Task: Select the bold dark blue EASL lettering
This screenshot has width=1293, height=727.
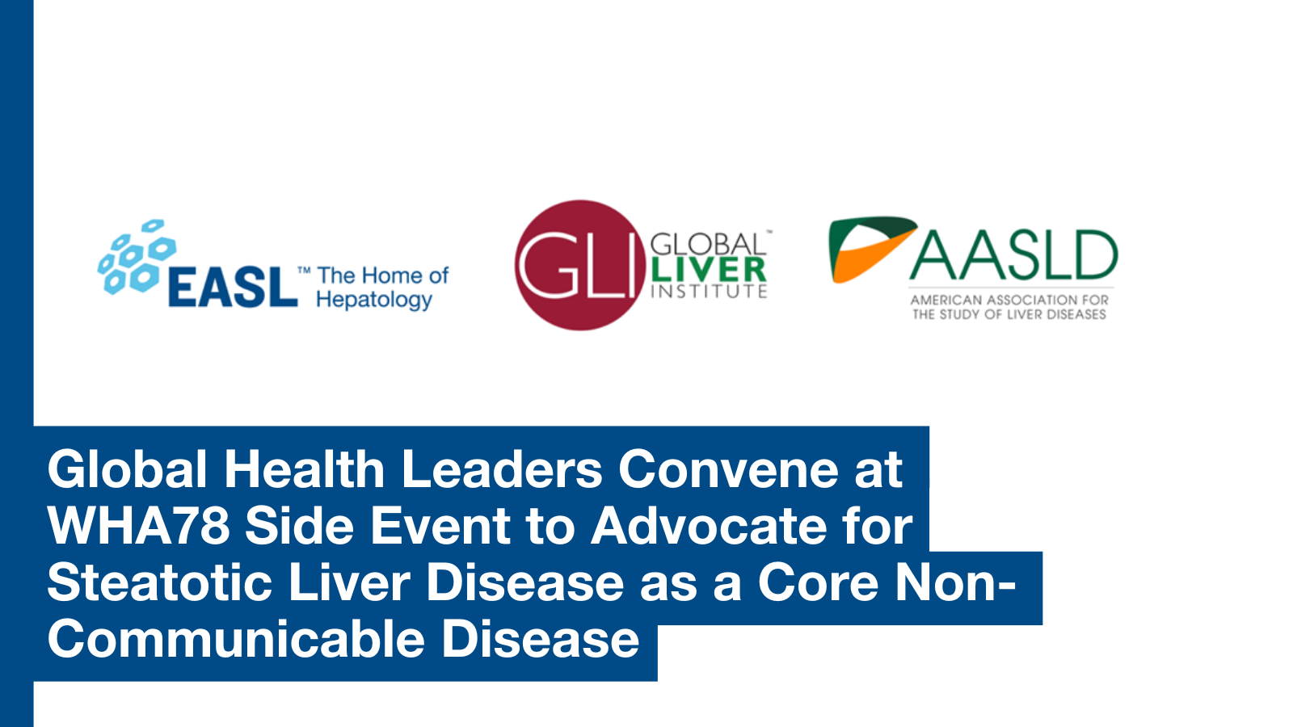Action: tap(233, 286)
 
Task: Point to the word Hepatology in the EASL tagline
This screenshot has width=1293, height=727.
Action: tap(374, 300)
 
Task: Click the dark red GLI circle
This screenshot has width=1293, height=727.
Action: tap(580, 266)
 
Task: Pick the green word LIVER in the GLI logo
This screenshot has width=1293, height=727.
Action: tap(708, 271)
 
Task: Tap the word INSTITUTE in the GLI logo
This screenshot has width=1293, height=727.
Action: tap(709, 292)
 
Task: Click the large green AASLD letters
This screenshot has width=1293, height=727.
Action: tap(1013, 255)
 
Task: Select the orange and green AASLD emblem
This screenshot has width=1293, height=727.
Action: tap(872, 250)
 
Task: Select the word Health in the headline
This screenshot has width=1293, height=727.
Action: tap(304, 469)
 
